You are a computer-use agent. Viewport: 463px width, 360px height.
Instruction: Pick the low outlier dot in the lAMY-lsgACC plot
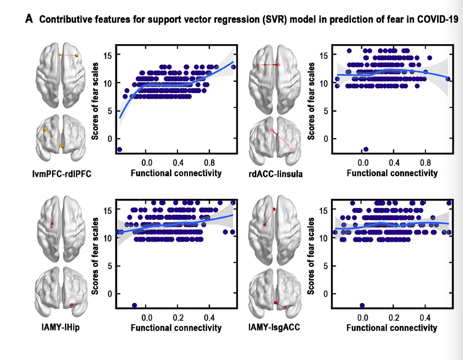[x=362, y=305]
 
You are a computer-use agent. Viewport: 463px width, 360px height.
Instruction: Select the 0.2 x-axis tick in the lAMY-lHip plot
[x=178, y=317]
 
